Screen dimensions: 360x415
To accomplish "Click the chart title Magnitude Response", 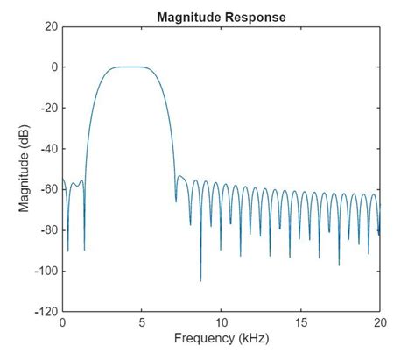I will pyautogui.click(x=221, y=17).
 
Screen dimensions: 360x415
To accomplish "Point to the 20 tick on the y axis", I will pyautogui.click(x=49, y=27).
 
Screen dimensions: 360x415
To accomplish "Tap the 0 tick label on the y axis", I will pyautogui.click(x=53, y=67).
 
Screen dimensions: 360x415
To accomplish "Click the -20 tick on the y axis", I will pyautogui.click(x=47, y=109).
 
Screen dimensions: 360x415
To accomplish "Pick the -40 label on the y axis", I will pyautogui.click(x=47, y=149).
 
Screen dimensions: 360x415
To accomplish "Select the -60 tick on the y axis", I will pyautogui.click(x=47, y=189).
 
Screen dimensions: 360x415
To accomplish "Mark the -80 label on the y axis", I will pyautogui.click(x=47, y=230).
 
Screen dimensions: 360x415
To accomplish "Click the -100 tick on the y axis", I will pyautogui.click(x=45, y=272).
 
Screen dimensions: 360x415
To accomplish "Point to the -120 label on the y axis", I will pyautogui.click(x=45, y=312).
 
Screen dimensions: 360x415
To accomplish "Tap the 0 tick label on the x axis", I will pyautogui.click(x=62, y=322).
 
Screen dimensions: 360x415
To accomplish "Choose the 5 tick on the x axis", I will pyautogui.click(x=142, y=322).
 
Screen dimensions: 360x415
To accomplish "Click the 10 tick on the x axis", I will pyautogui.click(x=221, y=322).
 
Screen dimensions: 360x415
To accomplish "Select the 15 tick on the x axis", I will pyautogui.click(x=300, y=322).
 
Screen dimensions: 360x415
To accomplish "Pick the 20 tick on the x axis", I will pyautogui.click(x=379, y=322).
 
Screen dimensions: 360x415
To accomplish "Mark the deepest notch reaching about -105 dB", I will pyautogui.click(x=200, y=280).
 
